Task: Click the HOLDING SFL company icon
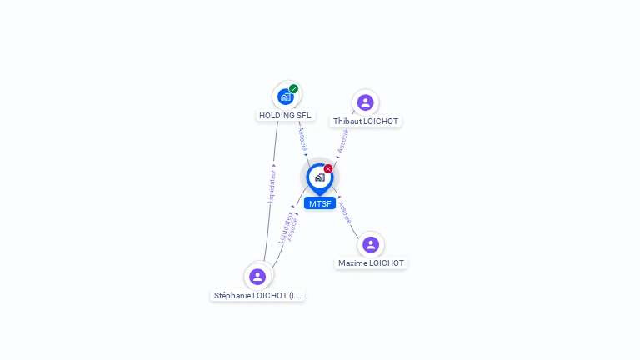[x=286, y=97]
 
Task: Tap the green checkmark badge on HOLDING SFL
[x=294, y=89]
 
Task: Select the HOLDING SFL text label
[x=285, y=116]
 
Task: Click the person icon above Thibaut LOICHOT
[x=365, y=102]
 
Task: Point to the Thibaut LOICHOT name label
[x=366, y=122]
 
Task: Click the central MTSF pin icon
[x=319, y=177]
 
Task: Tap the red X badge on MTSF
[x=328, y=169]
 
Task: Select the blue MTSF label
[x=320, y=203]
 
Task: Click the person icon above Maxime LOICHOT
[x=371, y=245]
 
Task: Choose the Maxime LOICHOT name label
[x=371, y=263]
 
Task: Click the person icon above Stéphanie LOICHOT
[x=257, y=277]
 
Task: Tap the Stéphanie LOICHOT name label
[x=258, y=295]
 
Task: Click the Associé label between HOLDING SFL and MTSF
[x=302, y=137]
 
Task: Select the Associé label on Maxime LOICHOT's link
[x=346, y=213]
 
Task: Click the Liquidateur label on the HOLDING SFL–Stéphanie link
[x=271, y=186]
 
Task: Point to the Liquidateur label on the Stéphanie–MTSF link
[x=285, y=226]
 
